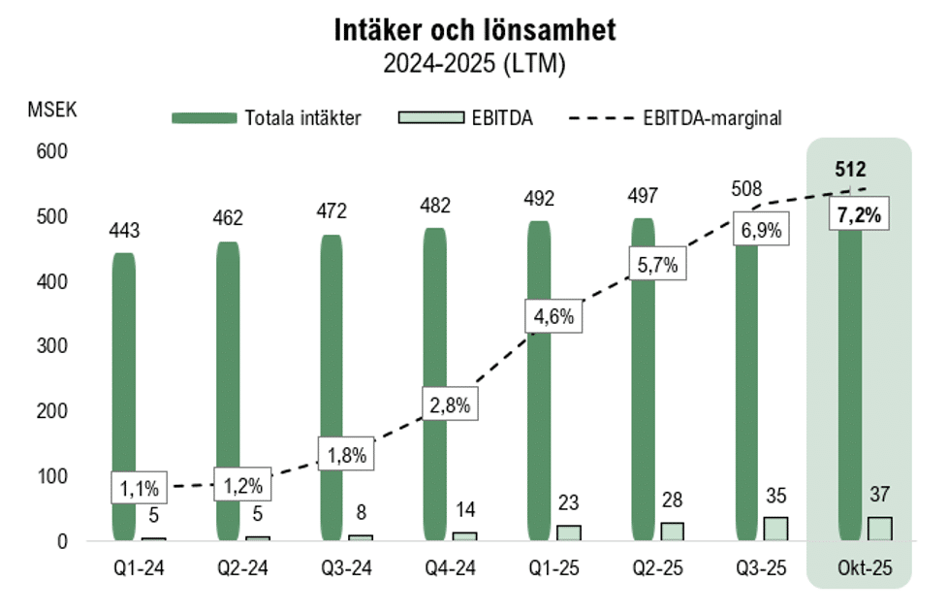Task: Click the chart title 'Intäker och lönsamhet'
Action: pyautogui.click(x=474, y=30)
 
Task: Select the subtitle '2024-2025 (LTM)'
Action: pyautogui.click(x=474, y=64)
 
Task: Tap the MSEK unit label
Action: pyautogui.click(x=50, y=108)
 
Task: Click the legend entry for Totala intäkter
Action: pyautogui.click(x=268, y=118)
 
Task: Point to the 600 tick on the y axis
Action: pyautogui.click(x=53, y=151)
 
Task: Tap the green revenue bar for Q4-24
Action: pyautogui.click(x=434, y=388)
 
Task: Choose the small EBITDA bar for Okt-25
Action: pyautogui.click(x=879, y=529)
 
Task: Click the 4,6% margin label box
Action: pyautogui.click(x=553, y=316)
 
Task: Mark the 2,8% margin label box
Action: pyautogui.click(x=450, y=405)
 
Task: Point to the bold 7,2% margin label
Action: pyautogui.click(x=855, y=216)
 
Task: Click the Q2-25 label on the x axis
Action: pyautogui.click(x=643, y=567)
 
